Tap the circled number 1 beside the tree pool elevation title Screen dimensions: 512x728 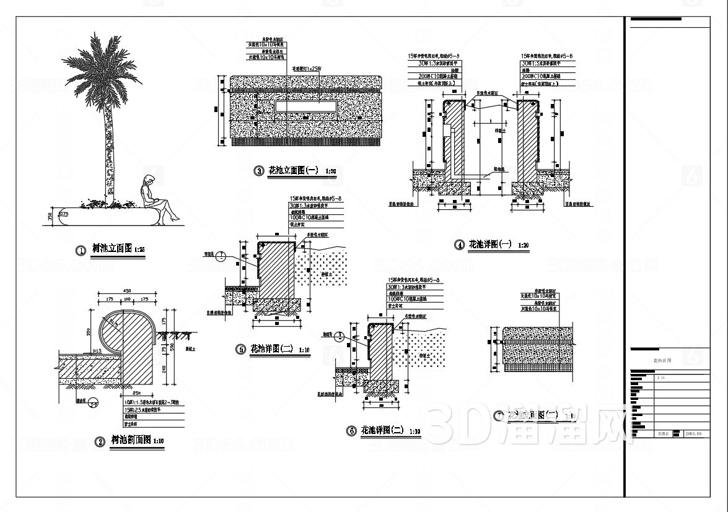(80, 251)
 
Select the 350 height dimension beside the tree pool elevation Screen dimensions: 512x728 (49, 216)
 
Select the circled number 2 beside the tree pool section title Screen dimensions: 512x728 (99, 441)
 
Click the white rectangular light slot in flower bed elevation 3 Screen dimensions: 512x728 (306, 107)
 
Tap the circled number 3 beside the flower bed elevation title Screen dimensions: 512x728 (259, 171)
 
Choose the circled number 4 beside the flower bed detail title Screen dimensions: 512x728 (459, 245)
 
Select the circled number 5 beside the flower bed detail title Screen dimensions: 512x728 (240, 349)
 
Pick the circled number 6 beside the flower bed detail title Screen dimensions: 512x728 (351, 431)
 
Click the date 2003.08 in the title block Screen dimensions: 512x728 (693, 434)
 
